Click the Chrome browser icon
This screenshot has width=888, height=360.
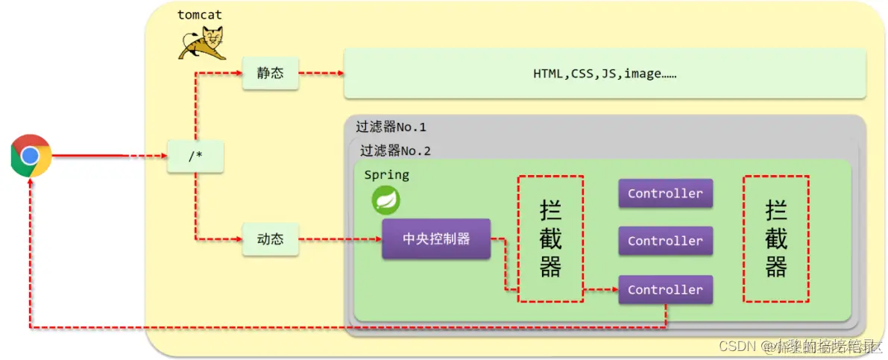coord(31,156)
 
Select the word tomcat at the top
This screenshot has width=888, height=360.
coord(199,15)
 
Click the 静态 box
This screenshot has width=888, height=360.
coord(271,74)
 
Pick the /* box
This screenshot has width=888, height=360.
coord(195,157)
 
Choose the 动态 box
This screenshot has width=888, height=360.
coord(271,240)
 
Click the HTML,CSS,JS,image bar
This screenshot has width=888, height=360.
coord(604,74)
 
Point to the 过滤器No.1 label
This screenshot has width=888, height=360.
coord(391,127)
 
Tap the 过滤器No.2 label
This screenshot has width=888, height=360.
coord(395,151)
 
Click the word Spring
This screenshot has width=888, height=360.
coord(386,175)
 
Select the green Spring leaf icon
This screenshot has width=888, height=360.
coord(386,200)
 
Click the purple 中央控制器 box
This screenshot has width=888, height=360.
coord(436,239)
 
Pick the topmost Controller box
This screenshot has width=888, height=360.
coord(665,193)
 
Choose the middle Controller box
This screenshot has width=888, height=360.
coord(665,241)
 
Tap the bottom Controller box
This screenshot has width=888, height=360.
coord(665,289)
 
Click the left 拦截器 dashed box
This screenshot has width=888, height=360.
coord(551,239)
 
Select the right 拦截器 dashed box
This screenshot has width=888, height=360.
coord(776,239)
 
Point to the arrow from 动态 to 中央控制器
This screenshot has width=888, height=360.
coord(339,240)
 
